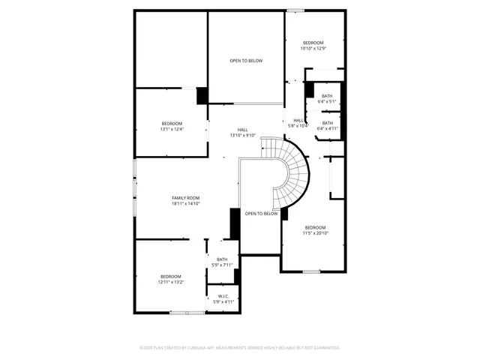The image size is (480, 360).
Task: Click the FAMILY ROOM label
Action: coord(186,198)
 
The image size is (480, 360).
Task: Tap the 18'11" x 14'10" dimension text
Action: coord(186,203)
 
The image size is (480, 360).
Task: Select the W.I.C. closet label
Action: coord(223,296)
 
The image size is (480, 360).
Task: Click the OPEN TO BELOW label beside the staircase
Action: coord(261,214)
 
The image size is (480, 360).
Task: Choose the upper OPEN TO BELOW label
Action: coord(246,60)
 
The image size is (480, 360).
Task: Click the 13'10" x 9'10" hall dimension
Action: coord(243,135)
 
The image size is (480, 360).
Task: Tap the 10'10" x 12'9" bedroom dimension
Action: coord(313,48)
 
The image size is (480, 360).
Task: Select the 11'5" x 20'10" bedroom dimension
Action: coord(315,232)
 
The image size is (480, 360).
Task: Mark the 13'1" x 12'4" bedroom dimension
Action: coord(172,129)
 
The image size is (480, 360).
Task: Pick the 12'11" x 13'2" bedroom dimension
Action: coord(171,283)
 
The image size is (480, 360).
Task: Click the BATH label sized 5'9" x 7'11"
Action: coord(222,259)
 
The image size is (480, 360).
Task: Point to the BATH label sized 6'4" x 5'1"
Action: coord(327,96)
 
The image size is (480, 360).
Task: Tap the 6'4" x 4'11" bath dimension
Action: coord(328,128)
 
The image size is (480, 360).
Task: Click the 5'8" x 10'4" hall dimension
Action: coord(298,125)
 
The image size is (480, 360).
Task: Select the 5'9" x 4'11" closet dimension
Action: coord(223,301)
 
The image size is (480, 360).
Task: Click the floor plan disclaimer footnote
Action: coord(240,347)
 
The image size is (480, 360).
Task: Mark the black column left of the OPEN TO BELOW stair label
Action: coord(234,223)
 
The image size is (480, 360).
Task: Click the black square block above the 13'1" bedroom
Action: coord(202,96)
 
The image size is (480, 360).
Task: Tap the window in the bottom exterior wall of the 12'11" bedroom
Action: coord(187,312)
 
